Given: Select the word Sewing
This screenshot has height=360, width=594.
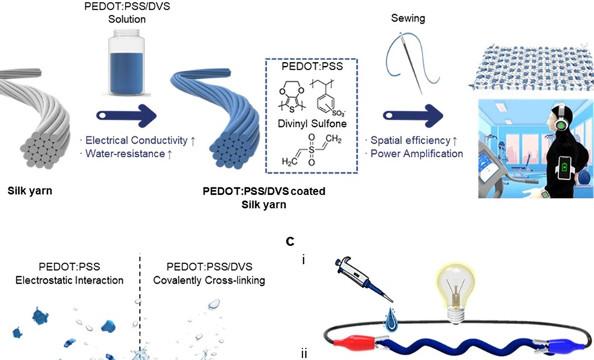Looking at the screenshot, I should tap(408, 18).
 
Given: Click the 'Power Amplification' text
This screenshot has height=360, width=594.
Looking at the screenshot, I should tap(414, 153).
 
